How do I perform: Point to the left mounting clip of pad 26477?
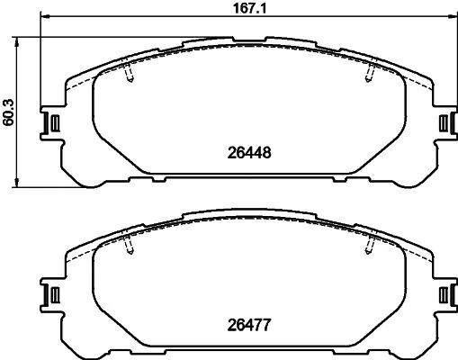(x=52, y=293)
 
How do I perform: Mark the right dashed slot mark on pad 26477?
(x=368, y=247)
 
